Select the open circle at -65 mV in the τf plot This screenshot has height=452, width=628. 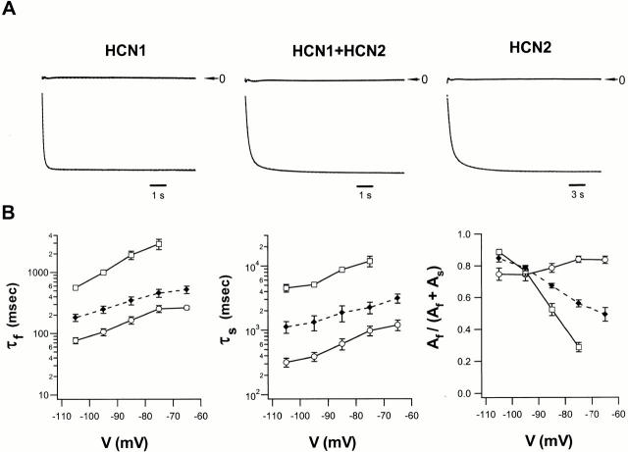(x=186, y=308)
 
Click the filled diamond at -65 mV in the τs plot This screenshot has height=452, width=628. (x=396, y=298)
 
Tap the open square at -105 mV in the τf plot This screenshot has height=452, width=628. (x=76, y=287)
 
